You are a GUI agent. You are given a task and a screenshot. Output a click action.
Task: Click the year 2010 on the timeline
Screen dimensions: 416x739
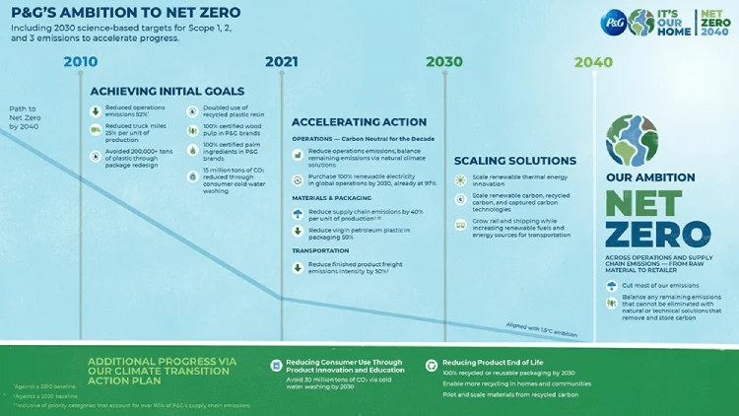81,62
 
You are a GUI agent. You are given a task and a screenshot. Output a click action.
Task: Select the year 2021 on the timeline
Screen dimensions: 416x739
281,62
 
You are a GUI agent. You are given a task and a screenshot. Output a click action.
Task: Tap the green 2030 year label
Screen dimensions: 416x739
444,62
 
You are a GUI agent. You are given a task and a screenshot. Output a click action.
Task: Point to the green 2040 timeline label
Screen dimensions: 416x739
593,62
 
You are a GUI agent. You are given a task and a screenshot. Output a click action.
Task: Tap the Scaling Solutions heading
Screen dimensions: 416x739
514,160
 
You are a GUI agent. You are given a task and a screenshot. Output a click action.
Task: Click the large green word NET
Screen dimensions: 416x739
643,204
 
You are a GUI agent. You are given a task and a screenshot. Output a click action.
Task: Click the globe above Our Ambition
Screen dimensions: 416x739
632,139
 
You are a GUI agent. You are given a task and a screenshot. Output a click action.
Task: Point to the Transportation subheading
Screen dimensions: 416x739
320,250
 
